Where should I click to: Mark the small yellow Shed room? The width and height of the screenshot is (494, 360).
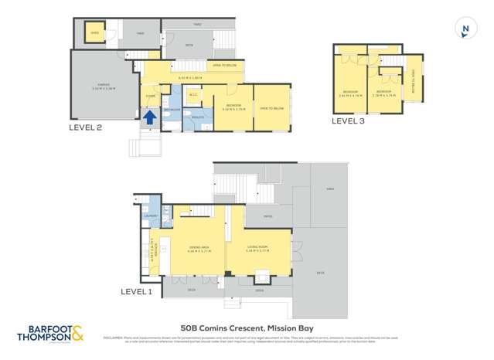coord(94,33)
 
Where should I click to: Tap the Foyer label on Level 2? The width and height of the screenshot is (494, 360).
coord(150,96)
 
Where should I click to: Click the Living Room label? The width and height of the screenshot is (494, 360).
coord(256,248)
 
